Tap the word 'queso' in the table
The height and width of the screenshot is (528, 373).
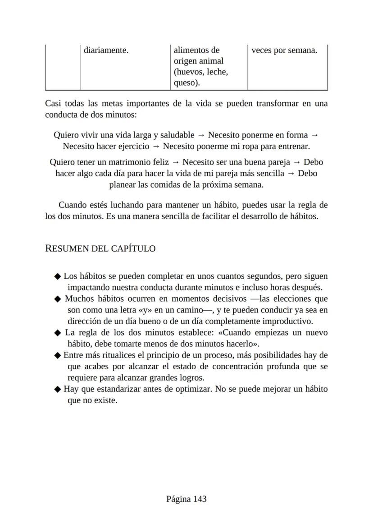(185, 83)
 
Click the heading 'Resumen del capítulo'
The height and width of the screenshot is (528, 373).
(100, 248)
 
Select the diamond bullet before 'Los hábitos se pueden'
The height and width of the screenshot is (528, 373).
(57, 276)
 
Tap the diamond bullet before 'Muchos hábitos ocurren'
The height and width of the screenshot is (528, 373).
(57, 299)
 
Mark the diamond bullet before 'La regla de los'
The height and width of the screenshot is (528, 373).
(57, 333)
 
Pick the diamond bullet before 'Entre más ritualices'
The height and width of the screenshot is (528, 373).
(57, 355)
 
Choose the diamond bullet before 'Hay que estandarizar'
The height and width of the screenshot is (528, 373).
(57, 389)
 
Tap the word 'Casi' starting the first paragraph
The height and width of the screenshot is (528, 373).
(54, 104)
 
